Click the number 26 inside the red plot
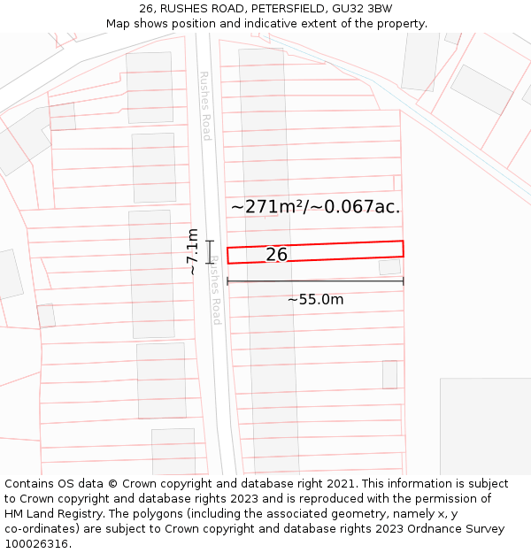[x=276, y=255]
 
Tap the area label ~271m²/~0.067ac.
[x=315, y=207]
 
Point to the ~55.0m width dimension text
[x=315, y=300]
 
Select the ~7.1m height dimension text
[x=192, y=251]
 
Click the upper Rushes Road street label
[x=205, y=106]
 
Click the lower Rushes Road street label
[x=215, y=292]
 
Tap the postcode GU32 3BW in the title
[x=367, y=9]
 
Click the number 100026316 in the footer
[x=35, y=544]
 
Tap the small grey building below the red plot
[x=389, y=267]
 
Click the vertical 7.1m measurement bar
[x=210, y=252]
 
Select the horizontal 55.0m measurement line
[x=315, y=281]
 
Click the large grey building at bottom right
[x=485, y=426]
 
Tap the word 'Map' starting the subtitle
[x=118, y=24]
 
